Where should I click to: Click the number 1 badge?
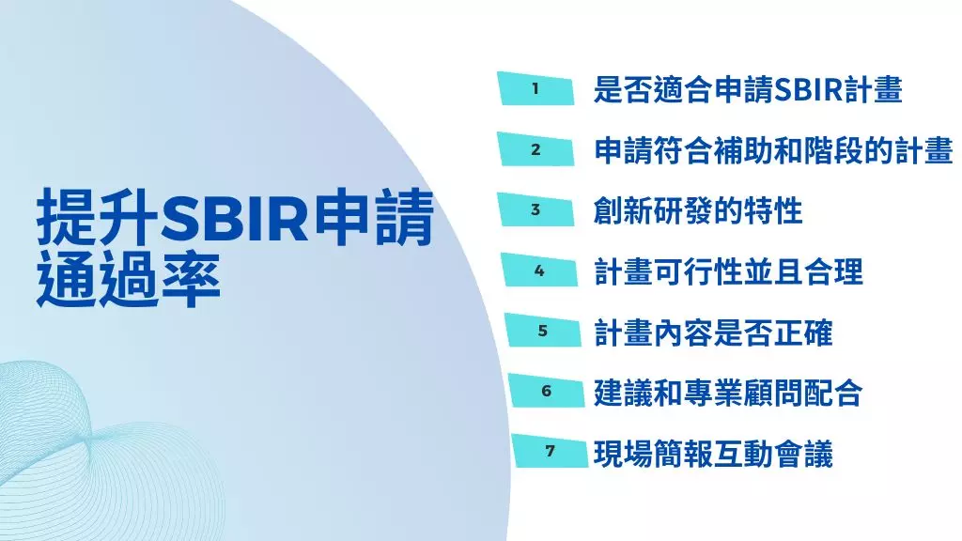(x=535, y=90)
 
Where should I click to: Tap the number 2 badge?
(x=535, y=149)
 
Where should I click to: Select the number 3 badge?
(x=535, y=209)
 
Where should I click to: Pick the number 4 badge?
(x=539, y=270)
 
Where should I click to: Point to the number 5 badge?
(x=543, y=331)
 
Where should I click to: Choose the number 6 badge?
(x=546, y=391)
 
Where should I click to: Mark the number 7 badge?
(x=550, y=451)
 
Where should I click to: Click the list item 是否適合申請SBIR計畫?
(x=748, y=90)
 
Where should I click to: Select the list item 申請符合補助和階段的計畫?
(x=773, y=150)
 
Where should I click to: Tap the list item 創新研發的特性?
(x=698, y=210)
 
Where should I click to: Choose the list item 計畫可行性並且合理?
(x=728, y=271)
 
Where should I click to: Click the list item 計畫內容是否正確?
(x=713, y=332)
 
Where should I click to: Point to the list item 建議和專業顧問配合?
(x=728, y=392)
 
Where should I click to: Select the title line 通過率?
(x=129, y=279)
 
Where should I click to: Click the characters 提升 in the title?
(x=97, y=220)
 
